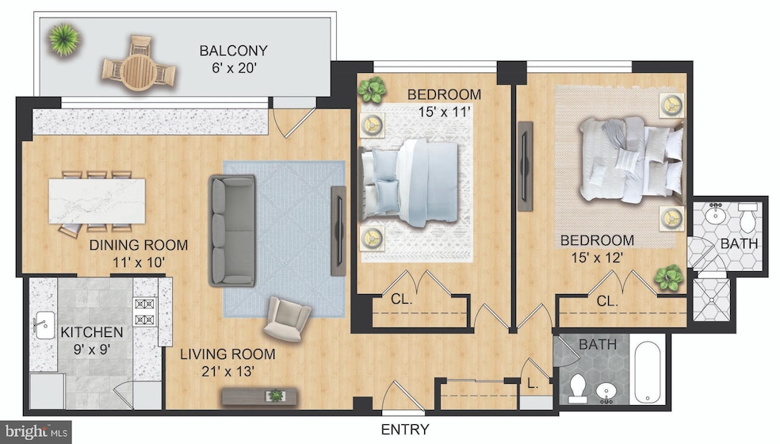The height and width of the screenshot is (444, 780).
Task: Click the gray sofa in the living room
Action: [x=231, y=230]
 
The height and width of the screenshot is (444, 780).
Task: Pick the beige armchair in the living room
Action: [x=286, y=319]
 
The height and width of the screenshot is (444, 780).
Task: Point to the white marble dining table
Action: [x=97, y=201]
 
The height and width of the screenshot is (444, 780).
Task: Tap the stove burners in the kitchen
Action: [x=145, y=312]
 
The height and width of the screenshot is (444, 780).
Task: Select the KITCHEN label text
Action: [x=92, y=332]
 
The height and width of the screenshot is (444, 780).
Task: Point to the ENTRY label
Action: [x=404, y=430]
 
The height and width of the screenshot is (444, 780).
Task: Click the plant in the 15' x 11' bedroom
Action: [x=371, y=90]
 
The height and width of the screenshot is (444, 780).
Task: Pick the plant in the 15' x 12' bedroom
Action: [x=671, y=277]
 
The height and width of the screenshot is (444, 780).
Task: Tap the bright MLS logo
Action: [x=36, y=433]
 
